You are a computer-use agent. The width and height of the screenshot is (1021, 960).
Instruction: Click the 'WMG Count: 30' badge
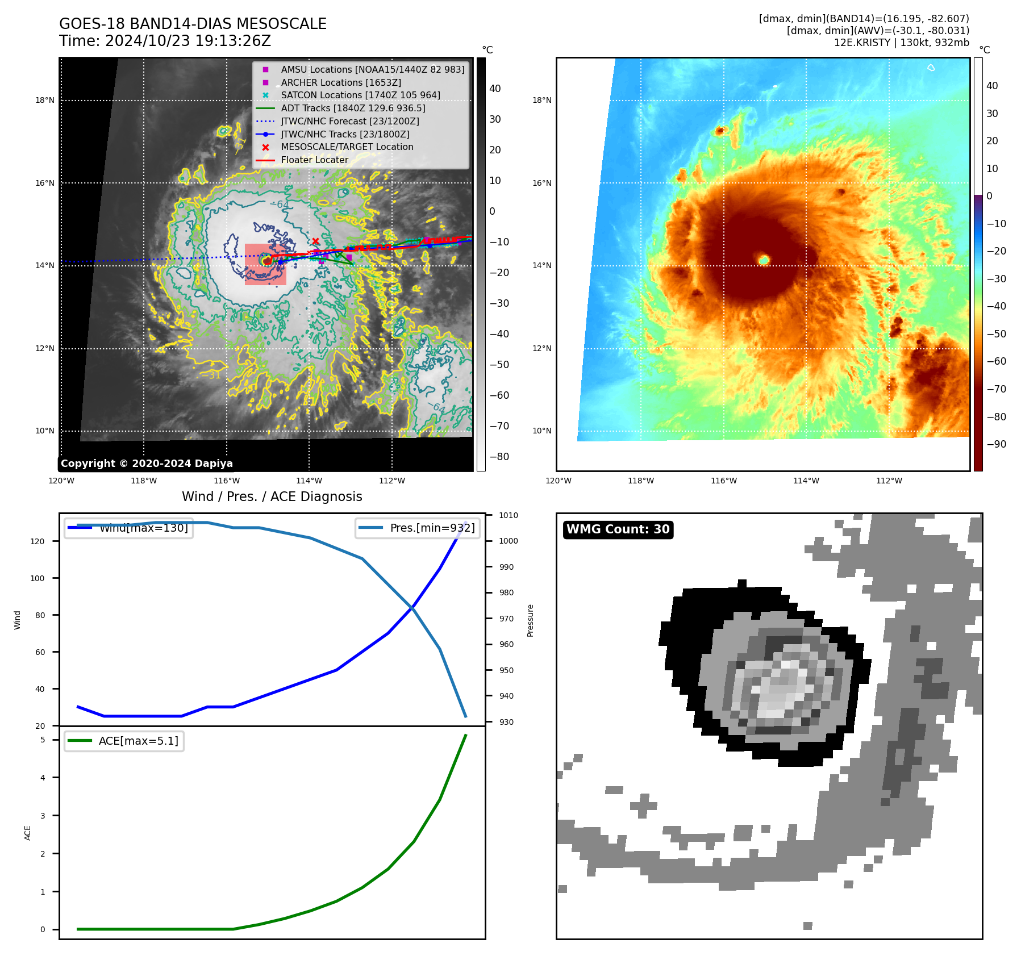click(618, 529)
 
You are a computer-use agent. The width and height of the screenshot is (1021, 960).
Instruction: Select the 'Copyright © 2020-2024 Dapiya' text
click(147, 464)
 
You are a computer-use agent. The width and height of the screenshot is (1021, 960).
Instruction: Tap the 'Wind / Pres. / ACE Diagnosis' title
click(272, 496)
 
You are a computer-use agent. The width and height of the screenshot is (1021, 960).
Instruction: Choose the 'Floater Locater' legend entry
click(314, 160)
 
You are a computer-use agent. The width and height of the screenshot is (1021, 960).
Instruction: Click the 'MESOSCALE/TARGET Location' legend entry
click(347, 147)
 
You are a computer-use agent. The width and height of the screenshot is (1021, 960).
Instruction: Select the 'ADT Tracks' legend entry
click(352, 108)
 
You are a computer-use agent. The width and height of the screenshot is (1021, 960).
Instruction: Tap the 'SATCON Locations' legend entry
click(360, 95)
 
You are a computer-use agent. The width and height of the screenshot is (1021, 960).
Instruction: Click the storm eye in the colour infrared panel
click(764, 260)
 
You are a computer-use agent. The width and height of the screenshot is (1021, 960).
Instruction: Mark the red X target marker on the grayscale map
click(315, 241)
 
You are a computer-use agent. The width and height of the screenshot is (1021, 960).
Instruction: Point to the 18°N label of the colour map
click(541, 101)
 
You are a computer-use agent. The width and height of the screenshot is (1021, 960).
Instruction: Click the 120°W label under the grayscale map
click(61, 481)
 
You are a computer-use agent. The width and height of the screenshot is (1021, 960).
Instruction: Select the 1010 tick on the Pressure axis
click(509, 515)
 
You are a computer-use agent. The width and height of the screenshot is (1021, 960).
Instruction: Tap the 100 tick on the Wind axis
click(37, 578)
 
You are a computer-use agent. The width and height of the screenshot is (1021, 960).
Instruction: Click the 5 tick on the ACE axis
click(43, 740)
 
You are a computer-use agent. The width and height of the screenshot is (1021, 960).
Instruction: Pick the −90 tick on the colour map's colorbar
click(996, 444)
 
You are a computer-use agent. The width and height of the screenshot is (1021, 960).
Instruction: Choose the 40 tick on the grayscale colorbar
click(495, 89)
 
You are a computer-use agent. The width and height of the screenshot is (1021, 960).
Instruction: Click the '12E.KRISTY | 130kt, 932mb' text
click(901, 43)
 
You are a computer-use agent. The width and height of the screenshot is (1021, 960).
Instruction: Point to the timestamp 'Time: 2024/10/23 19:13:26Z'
click(165, 41)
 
